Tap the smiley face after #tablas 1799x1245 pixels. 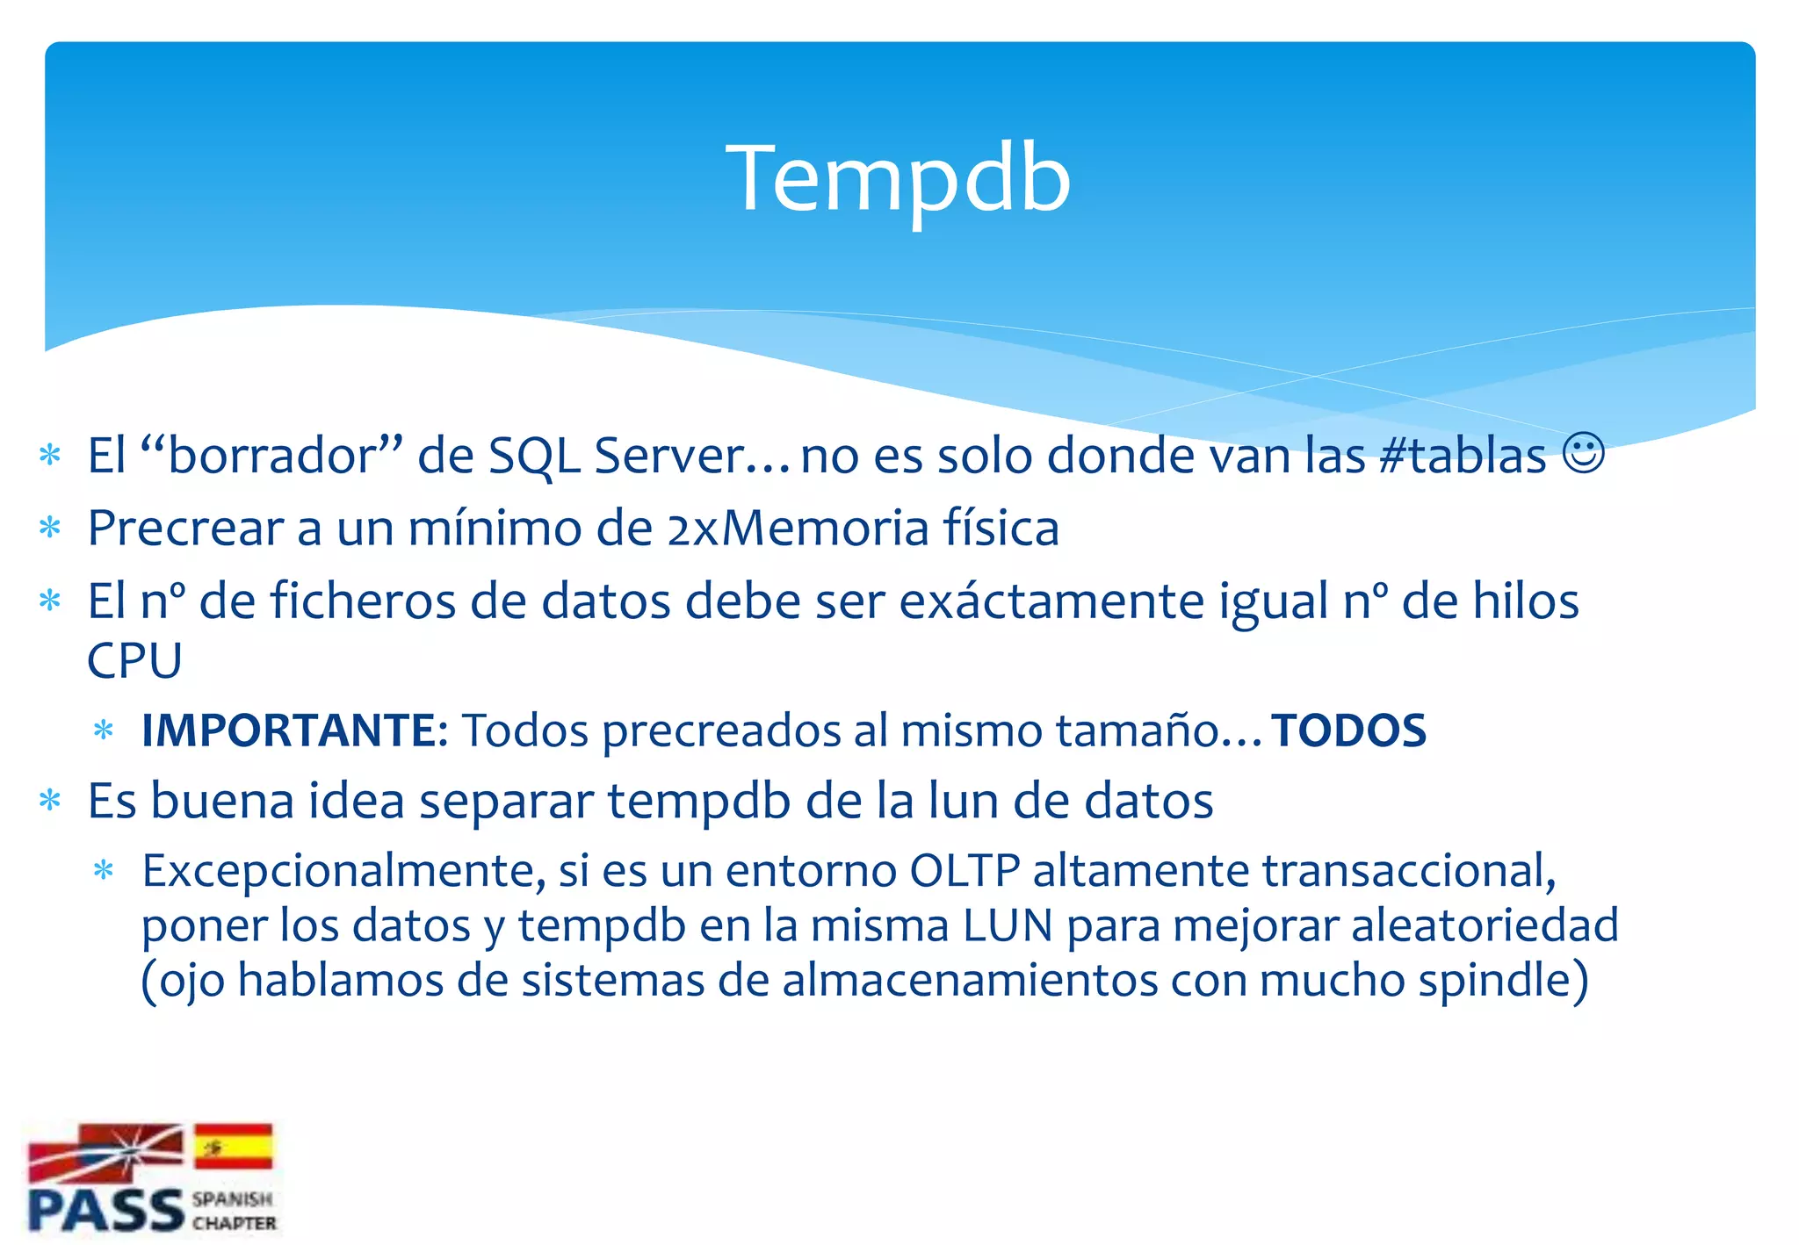click(1584, 454)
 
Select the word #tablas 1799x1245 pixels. click(1462, 456)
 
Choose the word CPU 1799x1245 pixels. click(134, 660)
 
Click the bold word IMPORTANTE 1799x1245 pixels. click(289, 730)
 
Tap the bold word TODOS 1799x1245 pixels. click(1349, 730)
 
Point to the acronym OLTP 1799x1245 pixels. click(964, 871)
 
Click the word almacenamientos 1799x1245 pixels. click(970, 980)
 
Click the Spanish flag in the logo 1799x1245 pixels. click(234, 1147)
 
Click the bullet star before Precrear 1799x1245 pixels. click(51, 529)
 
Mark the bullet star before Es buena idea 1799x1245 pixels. click(51, 802)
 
